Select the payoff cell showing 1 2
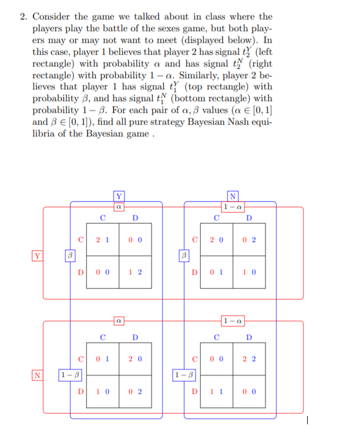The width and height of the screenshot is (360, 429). [136, 272]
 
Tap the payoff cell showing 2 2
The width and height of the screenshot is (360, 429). [250, 358]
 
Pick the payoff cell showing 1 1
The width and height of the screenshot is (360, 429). [217, 391]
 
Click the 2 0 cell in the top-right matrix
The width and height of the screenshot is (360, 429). [217, 240]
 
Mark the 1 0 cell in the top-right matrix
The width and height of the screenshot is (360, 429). [250, 272]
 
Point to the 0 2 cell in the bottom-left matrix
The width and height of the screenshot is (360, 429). [136, 391]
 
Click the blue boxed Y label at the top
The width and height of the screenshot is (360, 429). [119, 196]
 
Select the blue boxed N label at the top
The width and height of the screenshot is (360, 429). [233, 196]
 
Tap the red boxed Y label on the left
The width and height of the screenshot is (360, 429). [38, 256]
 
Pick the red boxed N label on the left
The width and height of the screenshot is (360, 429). [38, 374]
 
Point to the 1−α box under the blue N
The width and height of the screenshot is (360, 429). [233, 206]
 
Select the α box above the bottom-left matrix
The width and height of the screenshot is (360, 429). [119, 320]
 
